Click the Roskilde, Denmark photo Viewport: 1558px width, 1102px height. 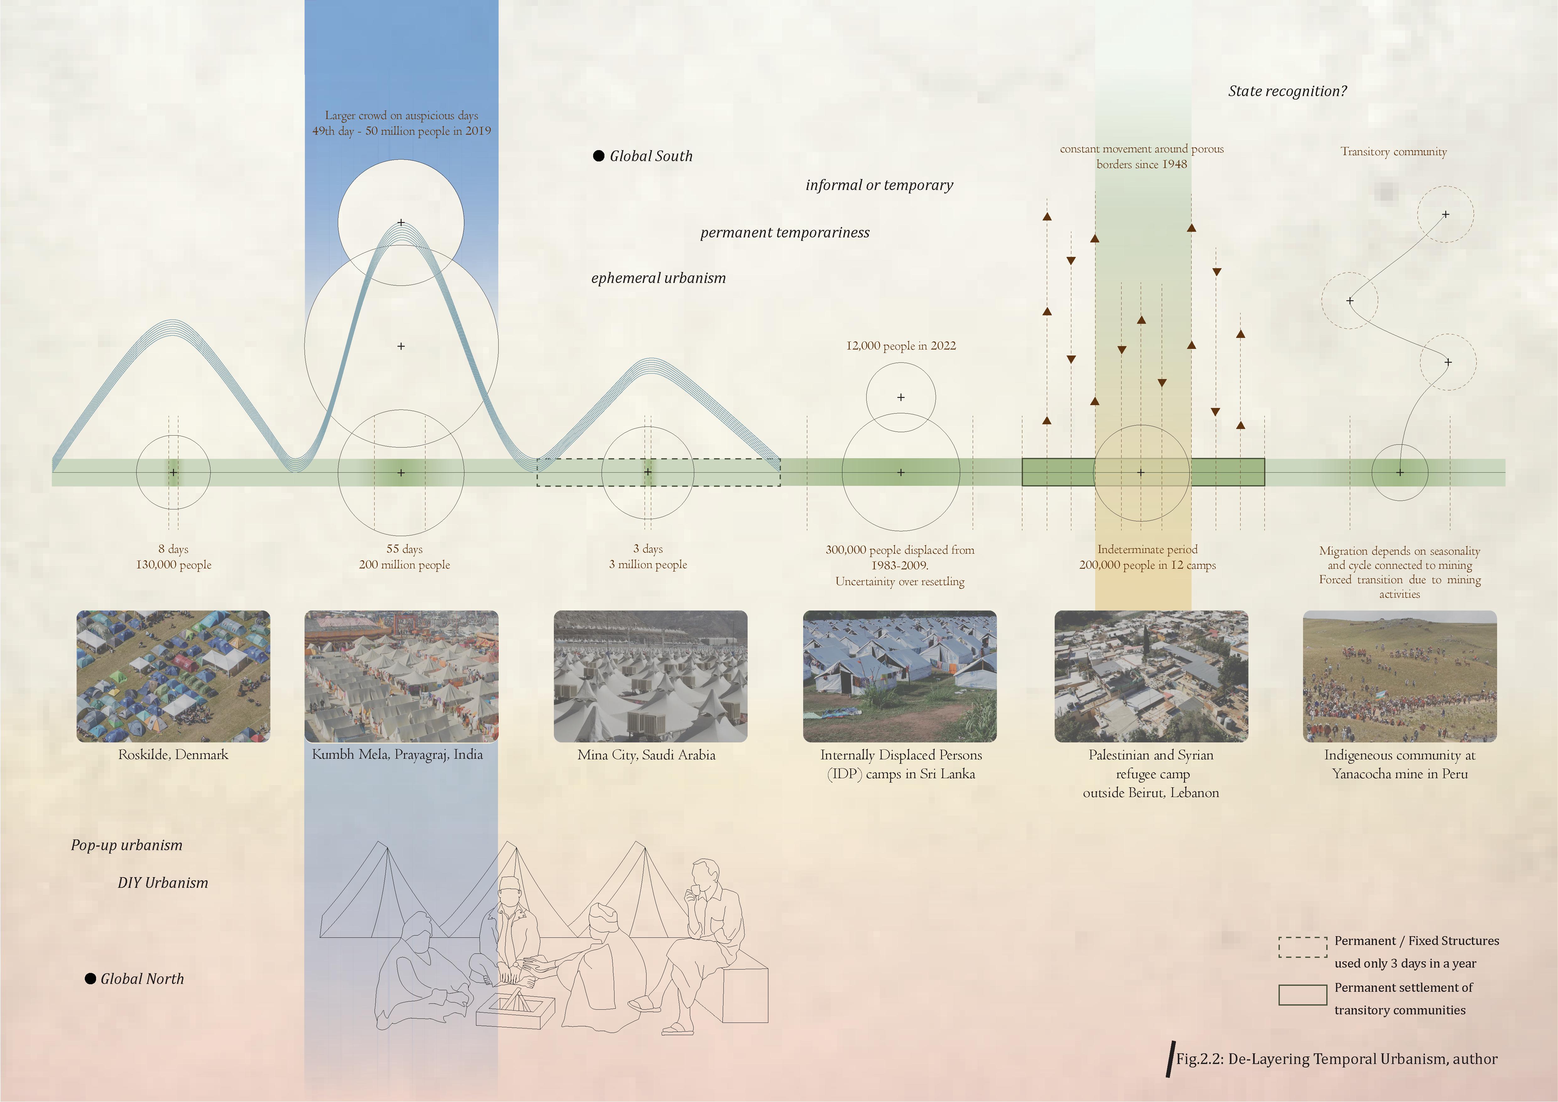173,676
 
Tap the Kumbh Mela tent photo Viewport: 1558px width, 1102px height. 401,676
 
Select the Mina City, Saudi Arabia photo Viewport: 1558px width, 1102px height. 650,676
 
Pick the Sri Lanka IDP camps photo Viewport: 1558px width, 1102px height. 900,676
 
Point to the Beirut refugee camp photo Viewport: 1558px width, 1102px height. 1151,676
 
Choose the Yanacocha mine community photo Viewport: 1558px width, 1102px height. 1399,676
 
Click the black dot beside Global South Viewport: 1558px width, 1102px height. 598,156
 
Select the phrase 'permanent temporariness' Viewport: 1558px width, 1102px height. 784,233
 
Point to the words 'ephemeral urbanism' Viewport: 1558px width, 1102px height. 658,278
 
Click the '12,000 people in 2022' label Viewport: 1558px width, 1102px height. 901,345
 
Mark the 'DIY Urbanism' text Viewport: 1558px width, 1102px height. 163,883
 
